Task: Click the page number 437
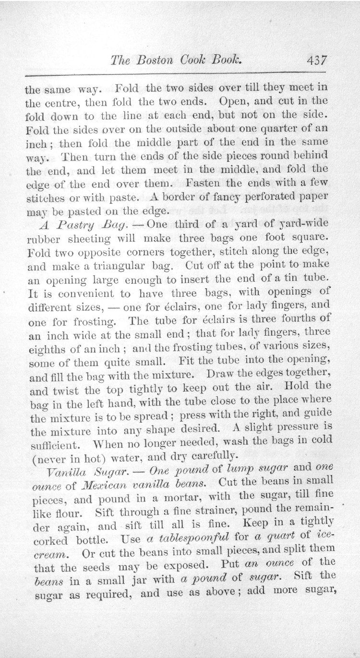tap(314, 61)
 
